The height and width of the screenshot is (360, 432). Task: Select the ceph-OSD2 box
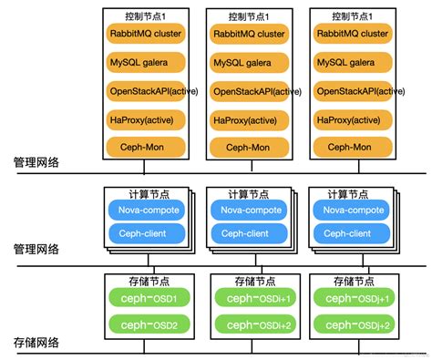(x=144, y=324)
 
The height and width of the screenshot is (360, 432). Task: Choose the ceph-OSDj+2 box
(x=352, y=324)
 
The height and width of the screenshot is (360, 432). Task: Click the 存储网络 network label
(x=37, y=343)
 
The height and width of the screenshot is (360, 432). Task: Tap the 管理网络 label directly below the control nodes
(x=37, y=161)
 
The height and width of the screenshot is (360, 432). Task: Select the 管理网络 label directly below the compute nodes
(x=37, y=248)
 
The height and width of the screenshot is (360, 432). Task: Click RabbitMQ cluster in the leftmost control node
(x=144, y=34)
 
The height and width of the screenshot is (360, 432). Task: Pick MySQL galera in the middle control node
(x=248, y=63)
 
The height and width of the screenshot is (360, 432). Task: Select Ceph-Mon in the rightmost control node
(x=352, y=147)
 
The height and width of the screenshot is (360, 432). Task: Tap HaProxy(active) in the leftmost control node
(x=144, y=119)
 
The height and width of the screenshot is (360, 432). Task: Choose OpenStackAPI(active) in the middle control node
(x=248, y=91)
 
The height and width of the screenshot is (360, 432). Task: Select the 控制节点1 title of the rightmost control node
(x=352, y=16)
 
